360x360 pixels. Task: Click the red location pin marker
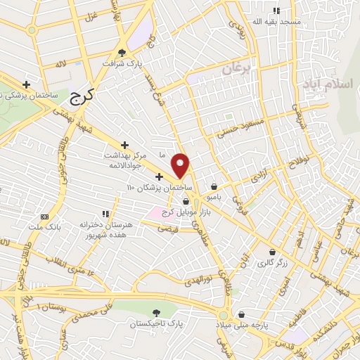coord(181,165)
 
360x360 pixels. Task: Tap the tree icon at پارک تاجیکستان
coord(155,314)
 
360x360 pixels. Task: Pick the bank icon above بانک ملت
coord(44,216)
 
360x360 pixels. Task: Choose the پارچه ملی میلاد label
coord(242,326)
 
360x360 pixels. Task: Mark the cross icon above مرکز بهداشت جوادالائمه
coord(124,144)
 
